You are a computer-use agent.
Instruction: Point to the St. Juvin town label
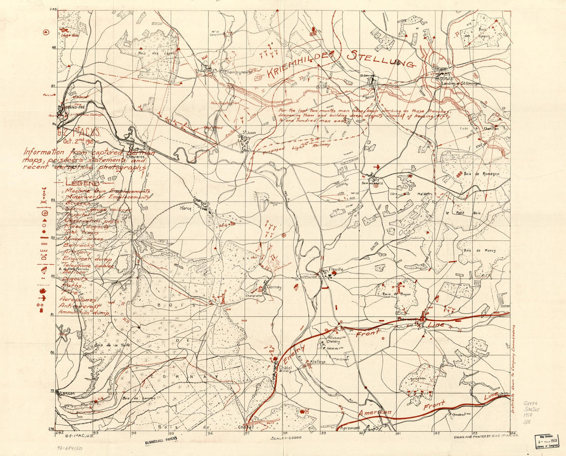coord(249,132)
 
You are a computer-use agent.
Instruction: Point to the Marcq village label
coord(186,209)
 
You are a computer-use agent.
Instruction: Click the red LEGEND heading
coord(82,184)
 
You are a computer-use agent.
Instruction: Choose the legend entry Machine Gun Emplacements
coord(107,191)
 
